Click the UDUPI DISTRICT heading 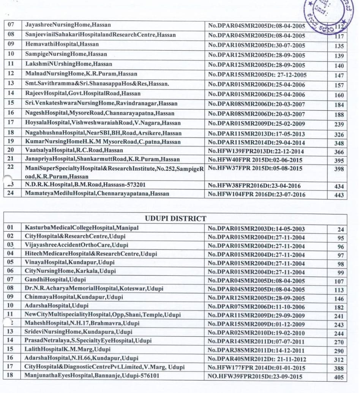point(175,219)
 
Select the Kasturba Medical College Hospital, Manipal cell point(82,228)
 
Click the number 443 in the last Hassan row point(339,195)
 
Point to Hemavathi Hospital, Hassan point(62,44)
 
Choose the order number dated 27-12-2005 point(257,75)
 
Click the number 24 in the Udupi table point(341,230)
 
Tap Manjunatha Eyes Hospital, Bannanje point(92,376)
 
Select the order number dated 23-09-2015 point(256,377)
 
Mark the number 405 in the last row point(339,377)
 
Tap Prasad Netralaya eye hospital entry point(88,341)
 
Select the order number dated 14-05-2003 point(256,229)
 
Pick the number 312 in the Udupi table point(339,360)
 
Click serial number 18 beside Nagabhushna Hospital point(11,133)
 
